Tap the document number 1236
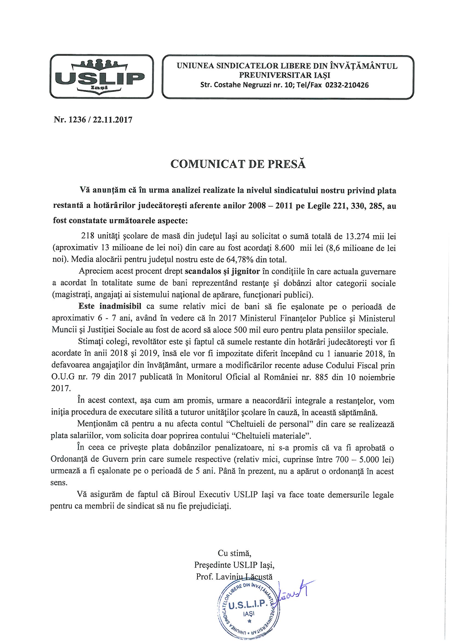pos(75,120)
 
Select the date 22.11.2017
pos(111,120)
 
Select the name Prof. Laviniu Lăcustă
pos(234,577)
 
